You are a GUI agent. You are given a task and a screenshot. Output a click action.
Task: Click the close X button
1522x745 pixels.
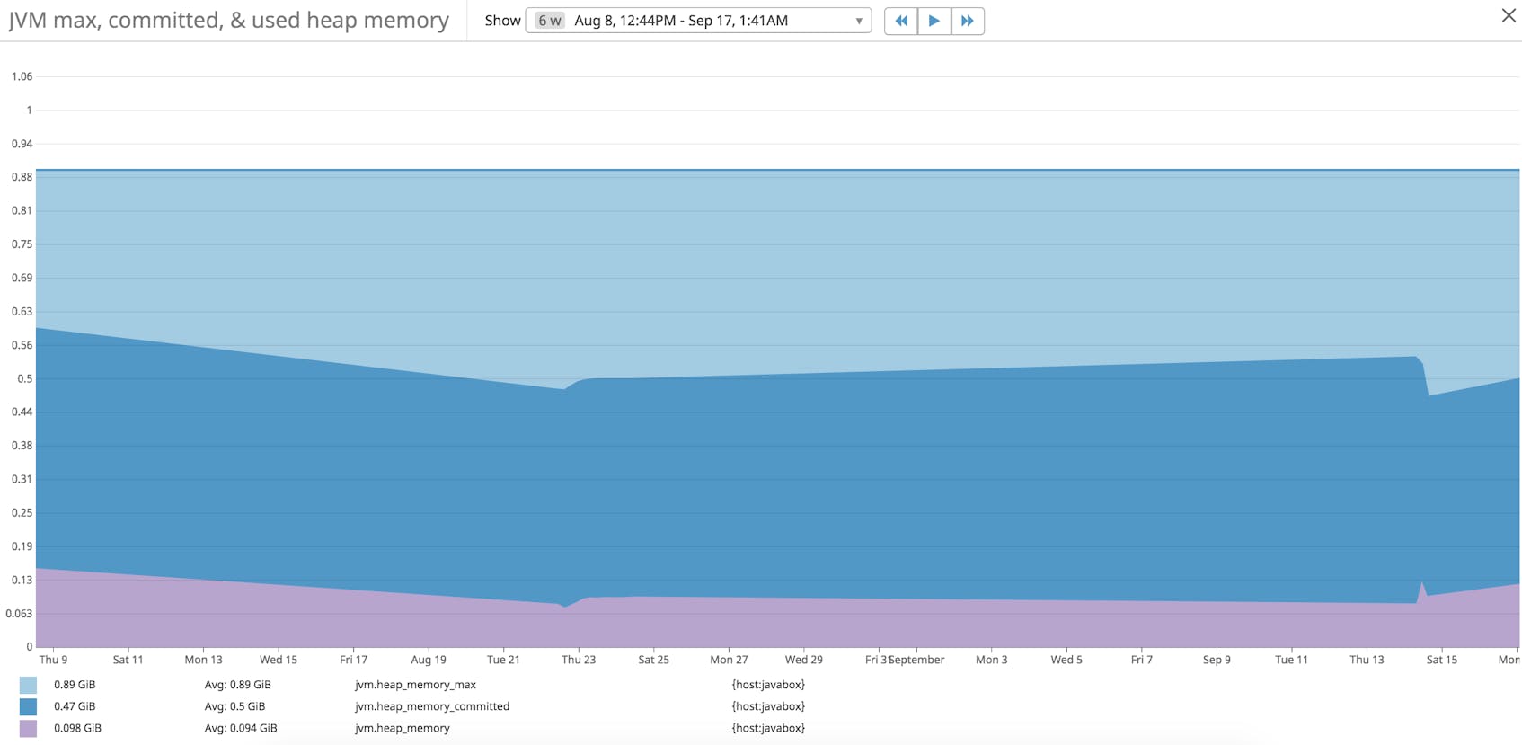pyautogui.click(x=1509, y=15)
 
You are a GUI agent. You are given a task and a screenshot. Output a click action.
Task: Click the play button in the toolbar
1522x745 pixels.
pyautogui.click(x=934, y=21)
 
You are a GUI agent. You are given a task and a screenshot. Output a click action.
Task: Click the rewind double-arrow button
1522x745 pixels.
pyautogui.click(x=901, y=21)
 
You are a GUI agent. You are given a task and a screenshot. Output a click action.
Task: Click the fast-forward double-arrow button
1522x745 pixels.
pyautogui.click(x=967, y=21)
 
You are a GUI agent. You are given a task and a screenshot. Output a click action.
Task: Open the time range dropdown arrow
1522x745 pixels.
pyautogui.click(x=858, y=21)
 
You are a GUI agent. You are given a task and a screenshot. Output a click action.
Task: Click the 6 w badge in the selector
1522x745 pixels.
pyautogui.click(x=550, y=21)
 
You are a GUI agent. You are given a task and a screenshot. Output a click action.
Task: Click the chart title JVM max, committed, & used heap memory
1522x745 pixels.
pyautogui.click(x=228, y=21)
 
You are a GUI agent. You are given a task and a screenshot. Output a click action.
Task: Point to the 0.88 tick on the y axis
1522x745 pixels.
pyautogui.click(x=22, y=177)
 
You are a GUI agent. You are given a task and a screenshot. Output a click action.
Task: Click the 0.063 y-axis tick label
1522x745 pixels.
pyautogui.click(x=19, y=614)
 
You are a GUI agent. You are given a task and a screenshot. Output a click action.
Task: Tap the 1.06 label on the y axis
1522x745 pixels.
pyautogui.click(x=22, y=76)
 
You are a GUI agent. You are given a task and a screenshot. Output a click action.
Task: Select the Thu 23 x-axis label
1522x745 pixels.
pyautogui.click(x=579, y=660)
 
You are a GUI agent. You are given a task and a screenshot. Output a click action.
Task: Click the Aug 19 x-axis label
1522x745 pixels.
pyautogui.click(x=429, y=660)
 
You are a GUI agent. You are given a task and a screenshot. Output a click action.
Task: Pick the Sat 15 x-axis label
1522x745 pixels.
pyautogui.click(x=1441, y=660)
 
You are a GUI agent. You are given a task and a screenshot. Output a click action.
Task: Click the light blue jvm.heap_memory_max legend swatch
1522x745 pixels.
pyautogui.click(x=28, y=685)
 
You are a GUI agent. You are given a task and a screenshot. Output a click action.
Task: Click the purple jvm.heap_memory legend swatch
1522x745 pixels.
pyautogui.click(x=28, y=728)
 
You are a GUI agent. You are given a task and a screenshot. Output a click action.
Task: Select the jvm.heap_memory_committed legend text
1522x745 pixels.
pyautogui.click(x=431, y=706)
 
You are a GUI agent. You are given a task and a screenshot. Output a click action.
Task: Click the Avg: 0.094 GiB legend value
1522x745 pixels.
pyautogui.click(x=241, y=728)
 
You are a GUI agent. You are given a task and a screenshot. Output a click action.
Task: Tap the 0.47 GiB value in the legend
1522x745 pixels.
pyautogui.click(x=75, y=706)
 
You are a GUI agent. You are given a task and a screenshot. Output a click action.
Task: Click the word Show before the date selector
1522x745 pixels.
pyautogui.click(x=502, y=21)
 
